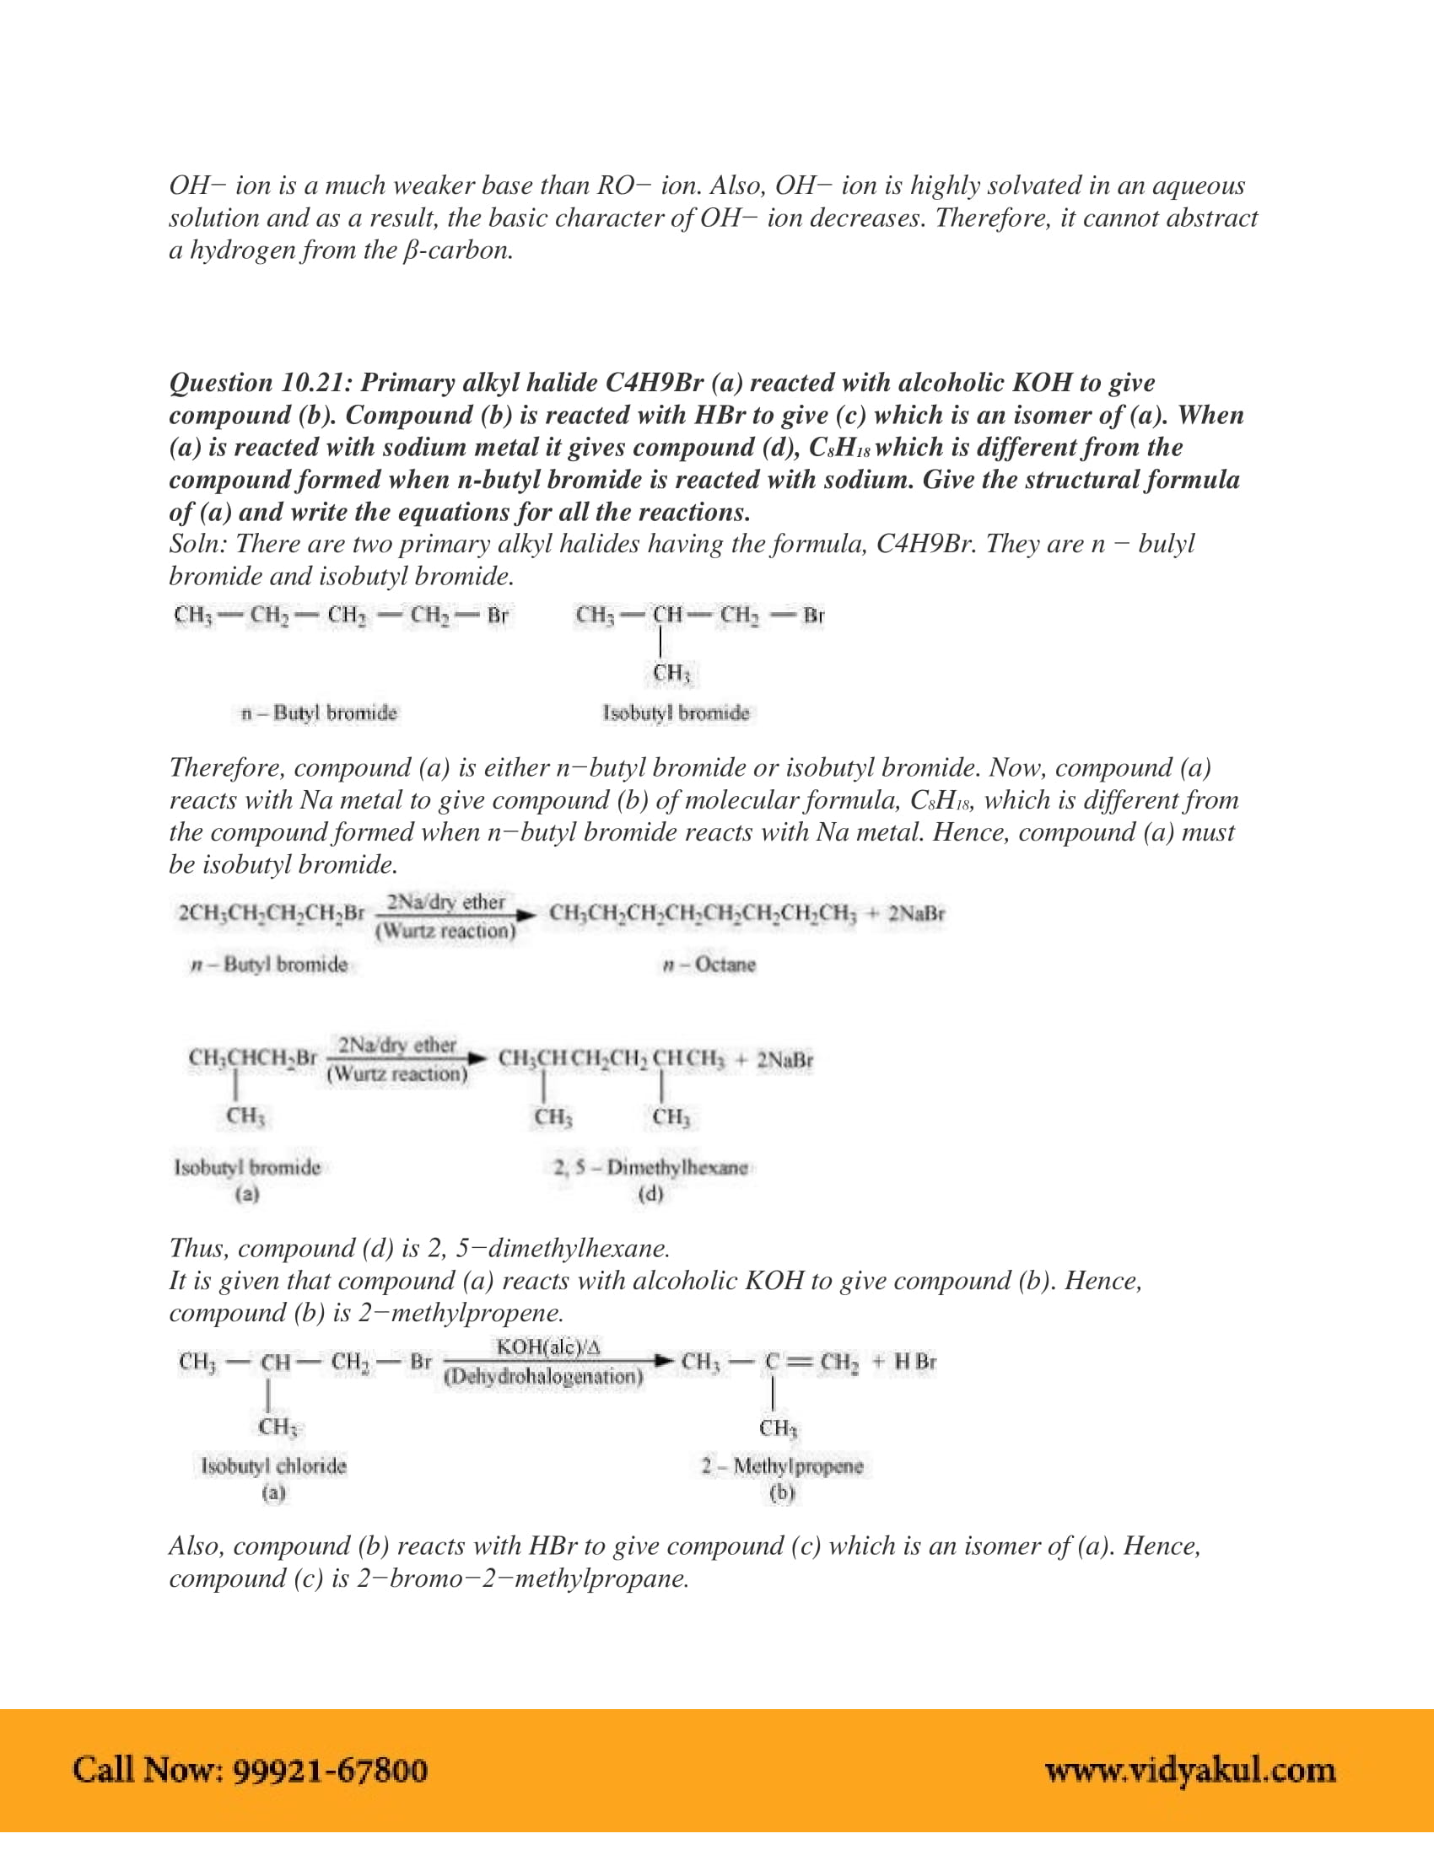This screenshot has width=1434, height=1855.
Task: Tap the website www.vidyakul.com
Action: [x=1189, y=1770]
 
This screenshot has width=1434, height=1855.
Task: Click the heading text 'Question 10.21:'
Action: [x=261, y=383]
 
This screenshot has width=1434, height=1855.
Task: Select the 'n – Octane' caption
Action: [x=709, y=965]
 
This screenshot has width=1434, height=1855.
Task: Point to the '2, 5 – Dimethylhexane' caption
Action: [x=650, y=1167]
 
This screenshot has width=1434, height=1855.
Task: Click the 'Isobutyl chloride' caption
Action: [x=273, y=1465]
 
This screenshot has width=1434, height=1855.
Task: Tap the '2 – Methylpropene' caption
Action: [x=782, y=1465]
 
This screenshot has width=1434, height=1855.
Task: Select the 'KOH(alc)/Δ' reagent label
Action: [x=548, y=1347]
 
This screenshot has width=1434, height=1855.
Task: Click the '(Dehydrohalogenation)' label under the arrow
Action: [x=544, y=1376]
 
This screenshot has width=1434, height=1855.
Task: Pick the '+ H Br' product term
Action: [x=905, y=1362]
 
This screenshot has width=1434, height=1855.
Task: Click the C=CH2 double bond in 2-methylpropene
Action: [x=800, y=1362]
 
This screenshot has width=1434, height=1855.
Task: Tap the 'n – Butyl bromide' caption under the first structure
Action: [x=319, y=712]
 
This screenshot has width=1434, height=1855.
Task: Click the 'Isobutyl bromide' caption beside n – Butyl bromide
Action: [x=677, y=712]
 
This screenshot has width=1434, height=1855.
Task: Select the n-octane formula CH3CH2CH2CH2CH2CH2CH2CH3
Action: [x=703, y=914]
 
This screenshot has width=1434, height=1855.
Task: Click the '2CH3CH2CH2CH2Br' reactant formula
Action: [x=271, y=914]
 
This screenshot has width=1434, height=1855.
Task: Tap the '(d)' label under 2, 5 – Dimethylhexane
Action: [x=650, y=1194]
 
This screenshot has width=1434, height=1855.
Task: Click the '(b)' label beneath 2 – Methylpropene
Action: [x=782, y=1492]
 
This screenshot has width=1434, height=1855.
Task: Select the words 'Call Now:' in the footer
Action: [x=148, y=1770]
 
